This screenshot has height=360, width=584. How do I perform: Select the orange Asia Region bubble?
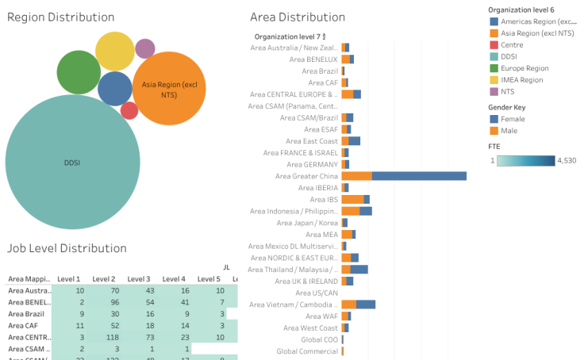pos(169,88)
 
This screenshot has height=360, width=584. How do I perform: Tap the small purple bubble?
pos(144,49)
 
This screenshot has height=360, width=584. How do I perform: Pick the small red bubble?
pos(129,110)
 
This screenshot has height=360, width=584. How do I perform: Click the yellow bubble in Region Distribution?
pos(115,52)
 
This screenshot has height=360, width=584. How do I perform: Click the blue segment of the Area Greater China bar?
pos(419,176)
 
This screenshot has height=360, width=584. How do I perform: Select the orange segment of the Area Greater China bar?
pos(356,176)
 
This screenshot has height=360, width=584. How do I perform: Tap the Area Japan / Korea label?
pos(305,223)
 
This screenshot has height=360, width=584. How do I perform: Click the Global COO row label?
pos(319,339)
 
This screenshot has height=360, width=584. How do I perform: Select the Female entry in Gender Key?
pos(514,118)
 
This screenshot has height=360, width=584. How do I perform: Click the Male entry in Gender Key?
pos(509,130)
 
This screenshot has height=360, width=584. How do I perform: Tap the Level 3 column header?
pos(139,279)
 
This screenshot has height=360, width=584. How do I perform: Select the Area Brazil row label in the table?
pos(26,314)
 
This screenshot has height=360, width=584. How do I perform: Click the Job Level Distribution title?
pos(67,248)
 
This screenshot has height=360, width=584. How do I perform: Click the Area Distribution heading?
pos(297,17)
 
